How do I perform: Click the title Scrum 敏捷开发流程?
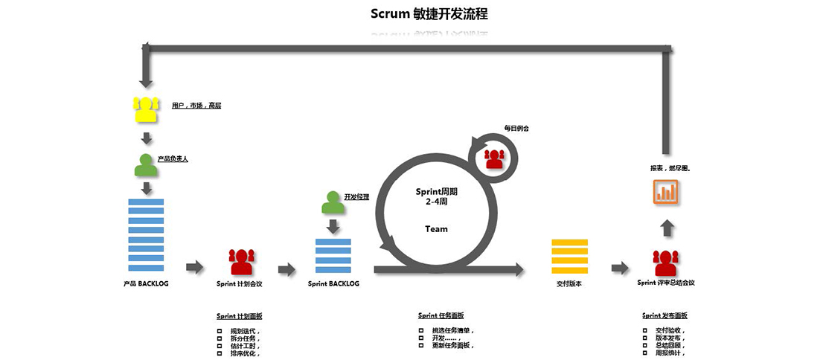429,14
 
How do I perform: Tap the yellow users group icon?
147,109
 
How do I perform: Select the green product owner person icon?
146,165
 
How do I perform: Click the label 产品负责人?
173,158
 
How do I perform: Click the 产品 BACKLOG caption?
146,283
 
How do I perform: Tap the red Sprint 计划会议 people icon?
242,261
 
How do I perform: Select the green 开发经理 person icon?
333,203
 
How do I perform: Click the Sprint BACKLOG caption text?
333,283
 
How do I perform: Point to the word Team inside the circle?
437,229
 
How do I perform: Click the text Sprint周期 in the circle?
436,192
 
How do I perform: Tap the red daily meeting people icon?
494,158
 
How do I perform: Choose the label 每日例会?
516,128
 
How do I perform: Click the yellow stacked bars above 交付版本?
569,257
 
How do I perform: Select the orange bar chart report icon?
667,192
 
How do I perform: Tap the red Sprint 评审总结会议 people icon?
666,262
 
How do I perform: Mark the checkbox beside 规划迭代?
220,331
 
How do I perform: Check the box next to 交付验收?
645,330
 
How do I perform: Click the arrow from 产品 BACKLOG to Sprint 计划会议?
194,267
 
